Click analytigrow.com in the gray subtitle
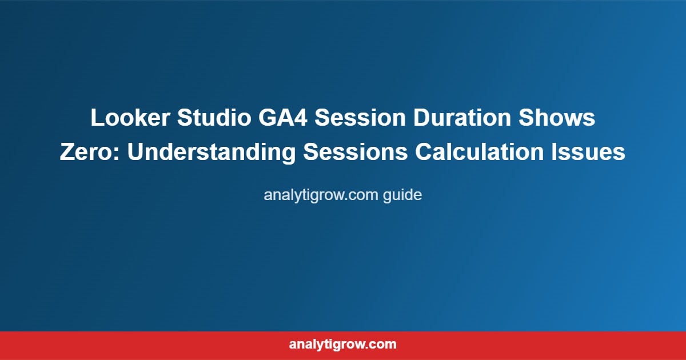tap(321, 195)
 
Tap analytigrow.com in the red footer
tap(343, 345)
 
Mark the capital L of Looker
tap(96, 119)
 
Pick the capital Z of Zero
tap(66, 153)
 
